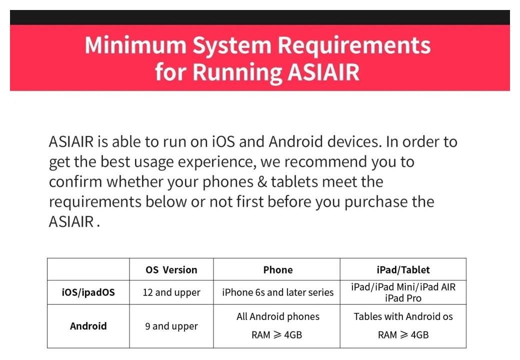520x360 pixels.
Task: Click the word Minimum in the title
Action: click(x=135, y=45)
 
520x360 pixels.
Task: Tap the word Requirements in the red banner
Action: click(x=354, y=45)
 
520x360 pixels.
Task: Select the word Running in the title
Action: click(x=237, y=72)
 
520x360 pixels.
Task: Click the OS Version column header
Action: click(x=171, y=270)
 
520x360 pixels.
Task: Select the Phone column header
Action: click(x=278, y=270)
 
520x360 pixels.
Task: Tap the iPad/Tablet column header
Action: click(x=403, y=270)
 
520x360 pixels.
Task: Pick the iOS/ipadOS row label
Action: click(x=88, y=292)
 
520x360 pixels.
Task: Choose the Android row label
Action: click(x=88, y=326)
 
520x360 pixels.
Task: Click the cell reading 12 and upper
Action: click(x=171, y=292)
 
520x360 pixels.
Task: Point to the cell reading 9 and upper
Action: click(x=171, y=326)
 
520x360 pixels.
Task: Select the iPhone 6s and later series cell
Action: click(x=278, y=292)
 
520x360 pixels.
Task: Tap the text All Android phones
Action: click(x=278, y=317)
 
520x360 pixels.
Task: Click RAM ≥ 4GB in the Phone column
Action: click(x=276, y=335)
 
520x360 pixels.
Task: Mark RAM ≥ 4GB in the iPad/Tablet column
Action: click(x=403, y=335)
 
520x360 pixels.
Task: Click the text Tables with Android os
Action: click(x=403, y=316)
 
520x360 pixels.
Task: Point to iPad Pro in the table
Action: click(x=403, y=298)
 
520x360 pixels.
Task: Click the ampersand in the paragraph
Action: click(x=262, y=182)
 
